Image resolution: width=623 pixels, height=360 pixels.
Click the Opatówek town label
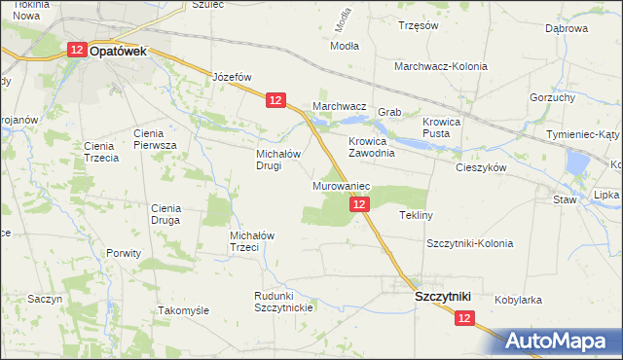click(118, 54)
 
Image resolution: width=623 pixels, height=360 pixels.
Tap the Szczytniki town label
click(443, 295)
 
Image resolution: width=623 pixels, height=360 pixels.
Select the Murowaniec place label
click(341, 185)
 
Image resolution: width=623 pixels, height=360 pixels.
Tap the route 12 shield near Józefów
click(275, 100)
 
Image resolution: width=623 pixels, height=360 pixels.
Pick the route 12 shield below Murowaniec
click(360, 203)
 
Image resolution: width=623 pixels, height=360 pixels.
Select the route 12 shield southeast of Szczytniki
click(463, 317)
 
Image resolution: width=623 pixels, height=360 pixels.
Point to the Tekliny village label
click(416, 215)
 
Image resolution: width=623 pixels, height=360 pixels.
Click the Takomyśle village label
click(183, 310)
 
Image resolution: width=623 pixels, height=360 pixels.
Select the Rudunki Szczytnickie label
click(282, 303)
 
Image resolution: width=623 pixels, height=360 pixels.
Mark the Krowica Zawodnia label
click(372, 147)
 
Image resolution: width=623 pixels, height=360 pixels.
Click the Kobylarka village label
click(518, 301)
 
